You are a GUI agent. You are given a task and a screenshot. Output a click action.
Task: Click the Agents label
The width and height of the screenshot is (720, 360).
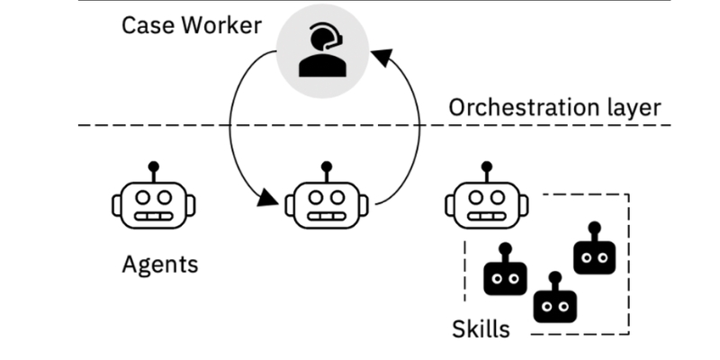pyautogui.click(x=160, y=265)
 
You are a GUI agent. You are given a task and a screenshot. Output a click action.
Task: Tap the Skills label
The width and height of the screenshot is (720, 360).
pyautogui.click(x=481, y=328)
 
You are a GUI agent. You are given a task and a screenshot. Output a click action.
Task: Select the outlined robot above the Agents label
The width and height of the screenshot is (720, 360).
pyautogui.click(x=153, y=201)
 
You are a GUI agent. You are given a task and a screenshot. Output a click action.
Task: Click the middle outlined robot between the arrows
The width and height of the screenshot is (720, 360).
pyautogui.click(x=326, y=201)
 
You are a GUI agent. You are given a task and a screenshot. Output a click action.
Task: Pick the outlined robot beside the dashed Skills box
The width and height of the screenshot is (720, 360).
pyautogui.click(x=486, y=201)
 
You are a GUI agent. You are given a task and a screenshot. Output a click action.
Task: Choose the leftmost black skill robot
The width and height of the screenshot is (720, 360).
pyautogui.click(x=505, y=275)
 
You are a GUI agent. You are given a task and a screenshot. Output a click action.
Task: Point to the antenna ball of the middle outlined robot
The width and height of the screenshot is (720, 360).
pyautogui.click(x=326, y=166)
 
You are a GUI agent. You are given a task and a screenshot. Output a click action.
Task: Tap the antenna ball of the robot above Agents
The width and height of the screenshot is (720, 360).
pyautogui.click(x=153, y=166)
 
